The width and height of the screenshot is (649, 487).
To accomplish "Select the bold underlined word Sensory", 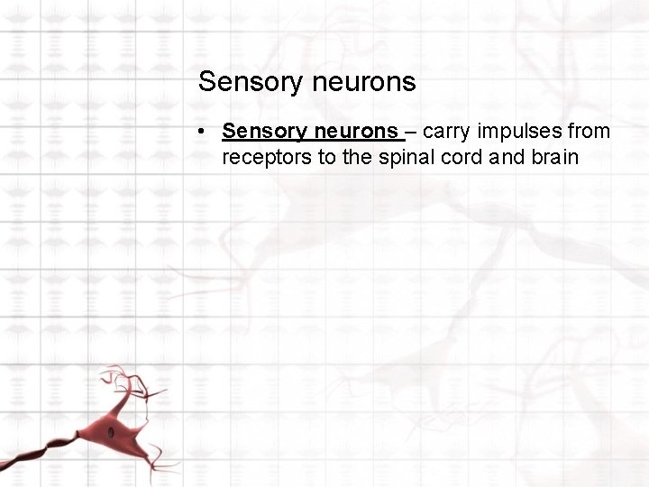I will [265, 132].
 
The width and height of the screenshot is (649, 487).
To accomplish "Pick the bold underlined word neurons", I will [355, 132].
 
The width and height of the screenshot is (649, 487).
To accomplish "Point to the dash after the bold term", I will [410, 132].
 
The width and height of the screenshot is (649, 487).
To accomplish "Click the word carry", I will [445, 132].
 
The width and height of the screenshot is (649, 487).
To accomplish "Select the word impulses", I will [522, 132].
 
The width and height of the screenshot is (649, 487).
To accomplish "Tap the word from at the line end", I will [590, 132].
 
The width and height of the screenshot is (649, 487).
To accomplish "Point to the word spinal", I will [398, 158].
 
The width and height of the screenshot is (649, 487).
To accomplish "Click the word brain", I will [554, 158].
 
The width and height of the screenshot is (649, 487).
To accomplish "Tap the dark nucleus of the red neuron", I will [111, 433].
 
